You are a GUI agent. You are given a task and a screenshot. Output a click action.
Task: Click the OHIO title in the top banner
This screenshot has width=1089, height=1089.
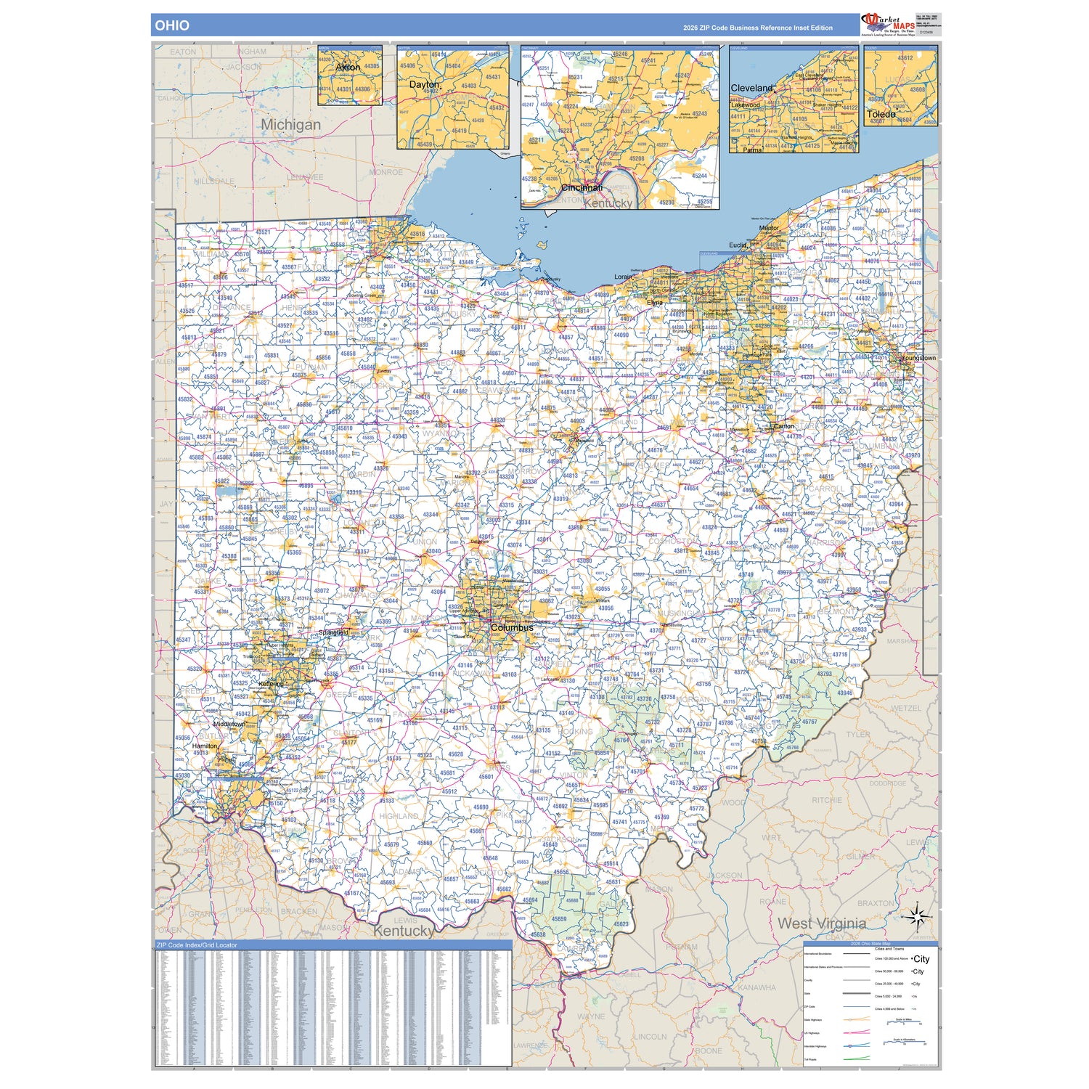point(172,25)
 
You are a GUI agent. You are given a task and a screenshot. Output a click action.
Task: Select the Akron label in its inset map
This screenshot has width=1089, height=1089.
point(348,67)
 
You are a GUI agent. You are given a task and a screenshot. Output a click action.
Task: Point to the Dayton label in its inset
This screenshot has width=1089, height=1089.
point(424,84)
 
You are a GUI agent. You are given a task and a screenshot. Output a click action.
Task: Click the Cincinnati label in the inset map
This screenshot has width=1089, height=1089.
point(582,187)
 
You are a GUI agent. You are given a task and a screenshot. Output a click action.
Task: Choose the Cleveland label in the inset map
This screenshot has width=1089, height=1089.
point(751,88)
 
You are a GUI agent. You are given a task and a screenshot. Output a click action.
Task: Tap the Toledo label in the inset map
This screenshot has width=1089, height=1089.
point(881,114)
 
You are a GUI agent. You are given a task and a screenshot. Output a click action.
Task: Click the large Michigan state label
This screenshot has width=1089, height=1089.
point(290,124)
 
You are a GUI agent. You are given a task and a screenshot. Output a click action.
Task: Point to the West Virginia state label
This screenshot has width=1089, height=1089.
point(821,923)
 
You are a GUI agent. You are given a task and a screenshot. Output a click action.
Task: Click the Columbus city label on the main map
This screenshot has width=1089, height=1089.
point(512,627)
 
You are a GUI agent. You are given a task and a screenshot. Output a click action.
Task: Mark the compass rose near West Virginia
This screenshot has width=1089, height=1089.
point(918,918)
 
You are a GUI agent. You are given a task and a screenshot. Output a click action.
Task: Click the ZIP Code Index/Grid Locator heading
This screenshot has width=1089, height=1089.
point(197,945)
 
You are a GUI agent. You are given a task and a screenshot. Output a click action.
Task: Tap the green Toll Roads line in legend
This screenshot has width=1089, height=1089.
point(857,1059)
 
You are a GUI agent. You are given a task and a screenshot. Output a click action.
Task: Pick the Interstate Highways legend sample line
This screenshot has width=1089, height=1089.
point(857,1046)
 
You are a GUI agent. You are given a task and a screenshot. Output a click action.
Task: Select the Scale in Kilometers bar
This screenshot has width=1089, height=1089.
point(904,1041)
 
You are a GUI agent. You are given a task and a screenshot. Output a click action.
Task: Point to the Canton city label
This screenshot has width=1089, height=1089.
point(784,426)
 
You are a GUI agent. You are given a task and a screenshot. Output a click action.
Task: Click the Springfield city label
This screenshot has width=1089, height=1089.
point(333,632)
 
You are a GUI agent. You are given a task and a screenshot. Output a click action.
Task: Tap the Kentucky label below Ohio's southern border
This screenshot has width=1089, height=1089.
point(404,931)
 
